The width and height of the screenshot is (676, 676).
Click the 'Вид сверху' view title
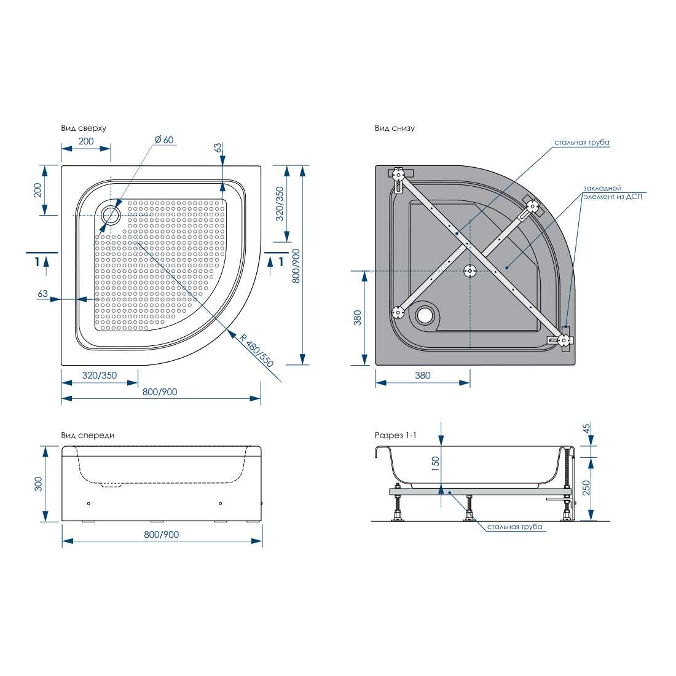pos(84,128)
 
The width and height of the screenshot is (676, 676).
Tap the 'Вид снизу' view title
pos(395,128)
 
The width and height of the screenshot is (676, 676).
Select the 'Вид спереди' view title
pos(87,436)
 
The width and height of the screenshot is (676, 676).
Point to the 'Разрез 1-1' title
pos(395,436)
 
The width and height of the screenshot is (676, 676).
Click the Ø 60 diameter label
pos(164,140)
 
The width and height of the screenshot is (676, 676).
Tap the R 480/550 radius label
pos(256,350)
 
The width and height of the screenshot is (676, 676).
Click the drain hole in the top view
pos(111,214)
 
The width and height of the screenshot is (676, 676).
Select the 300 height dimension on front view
pos(38,484)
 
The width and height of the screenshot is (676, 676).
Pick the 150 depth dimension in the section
pos(436,463)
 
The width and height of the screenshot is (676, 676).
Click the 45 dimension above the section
pos(586,428)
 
